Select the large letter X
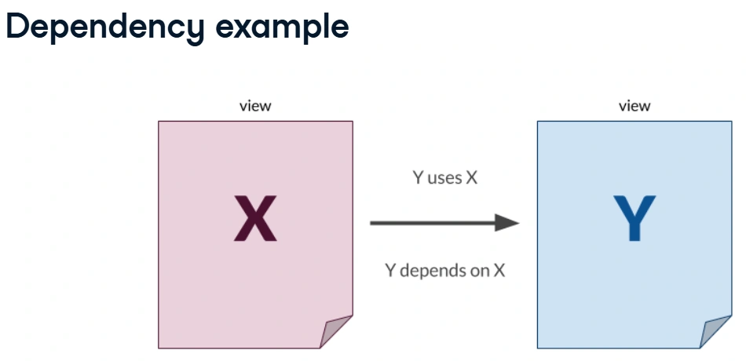[x=255, y=219]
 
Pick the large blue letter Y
[x=634, y=219]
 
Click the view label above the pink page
[x=255, y=106]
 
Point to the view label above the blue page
[x=634, y=106]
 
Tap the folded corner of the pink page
[x=336, y=330]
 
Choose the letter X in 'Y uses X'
[x=471, y=178]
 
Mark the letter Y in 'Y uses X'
[x=419, y=178]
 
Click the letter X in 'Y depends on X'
[x=499, y=271]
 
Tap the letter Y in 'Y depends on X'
[x=389, y=271]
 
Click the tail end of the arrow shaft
[x=373, y=223]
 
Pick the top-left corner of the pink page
[x=159, y=122]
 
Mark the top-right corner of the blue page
[x=730, y=122]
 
